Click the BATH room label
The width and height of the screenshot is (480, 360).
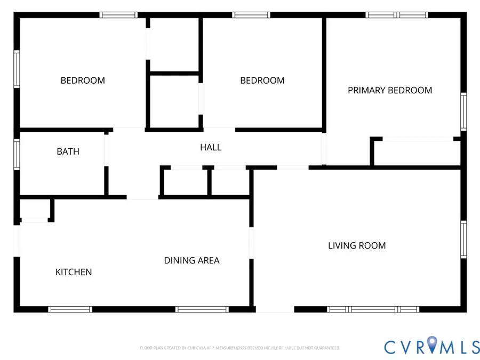(x=68, y=151)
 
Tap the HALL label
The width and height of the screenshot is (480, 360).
(x=211, y=147)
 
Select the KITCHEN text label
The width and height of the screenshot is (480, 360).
(x=74, y=272)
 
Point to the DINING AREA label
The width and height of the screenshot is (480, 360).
(x=191, y=260)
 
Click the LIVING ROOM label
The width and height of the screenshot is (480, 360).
(x=357, y=245)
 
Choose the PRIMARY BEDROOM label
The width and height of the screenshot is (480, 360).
(x=390, y=90)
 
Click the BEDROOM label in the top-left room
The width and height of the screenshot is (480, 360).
(x=83, y=81)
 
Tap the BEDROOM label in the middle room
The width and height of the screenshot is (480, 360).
(x=262, y=81)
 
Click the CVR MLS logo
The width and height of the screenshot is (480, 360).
(x=431, y=346)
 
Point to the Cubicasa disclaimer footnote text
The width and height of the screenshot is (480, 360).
(x=239, y=348)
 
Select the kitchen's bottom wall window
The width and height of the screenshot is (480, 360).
(x=70, y=309)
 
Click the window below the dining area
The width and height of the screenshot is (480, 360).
(x=202, y=309)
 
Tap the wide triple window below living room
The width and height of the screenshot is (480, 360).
(x=373, y=309)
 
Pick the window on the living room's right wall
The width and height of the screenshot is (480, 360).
(x=463, y=239)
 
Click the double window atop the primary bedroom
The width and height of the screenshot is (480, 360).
(x=397, y=15)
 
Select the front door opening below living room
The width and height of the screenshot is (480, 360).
(x=275, y=309)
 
